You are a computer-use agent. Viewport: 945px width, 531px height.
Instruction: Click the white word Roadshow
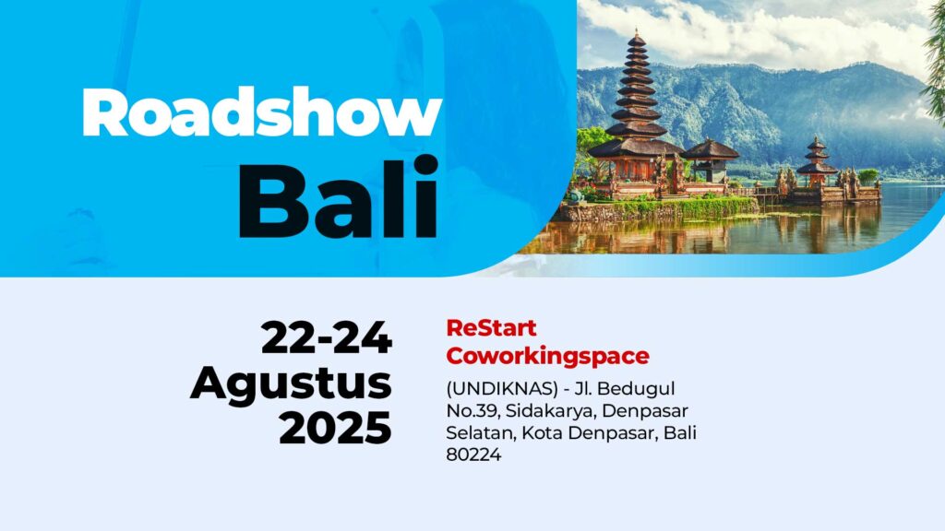tap(262, 112)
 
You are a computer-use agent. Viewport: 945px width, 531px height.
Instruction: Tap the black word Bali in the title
tap(338, 197)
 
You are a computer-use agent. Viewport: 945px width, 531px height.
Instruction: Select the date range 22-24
tap(327, 337)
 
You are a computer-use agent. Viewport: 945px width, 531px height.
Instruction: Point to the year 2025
tap(336, 428)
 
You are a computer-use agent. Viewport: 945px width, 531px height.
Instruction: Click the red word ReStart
tap(491, 328)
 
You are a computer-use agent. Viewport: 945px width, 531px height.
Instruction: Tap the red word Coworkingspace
tap(548, 356)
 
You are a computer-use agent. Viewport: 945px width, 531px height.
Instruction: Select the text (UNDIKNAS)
tap(502, 389)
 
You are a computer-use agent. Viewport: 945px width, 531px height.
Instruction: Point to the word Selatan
tap(480, 433)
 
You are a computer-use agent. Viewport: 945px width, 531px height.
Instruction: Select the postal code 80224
tap(473, 454)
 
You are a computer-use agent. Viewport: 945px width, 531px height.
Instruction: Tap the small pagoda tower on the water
tap(817, 161)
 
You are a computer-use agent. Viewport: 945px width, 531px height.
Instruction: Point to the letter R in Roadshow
tap(103, 112)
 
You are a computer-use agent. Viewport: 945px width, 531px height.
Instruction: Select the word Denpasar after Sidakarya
tap(645, 412)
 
